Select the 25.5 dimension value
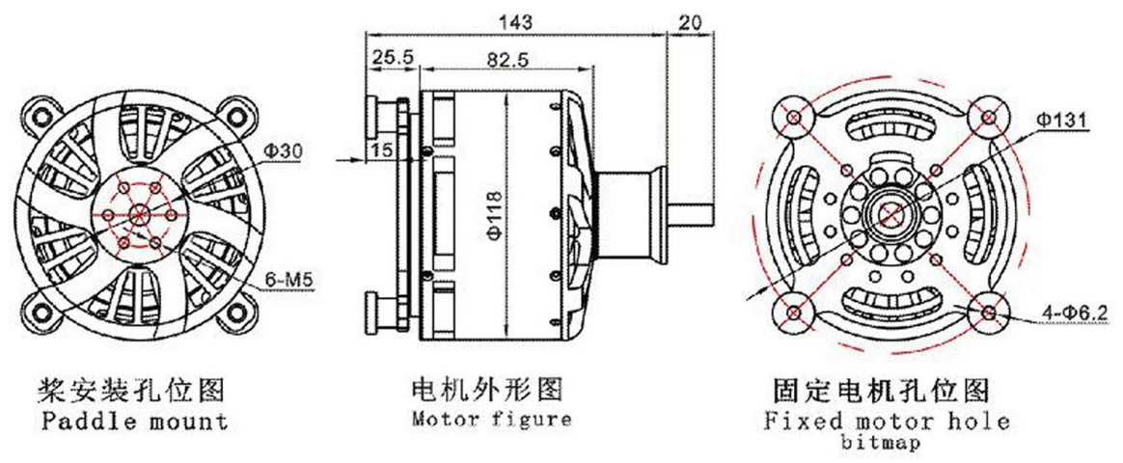point(393,58)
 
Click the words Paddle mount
point(136,422)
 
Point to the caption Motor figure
point(491,420)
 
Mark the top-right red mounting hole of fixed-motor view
point(988,118)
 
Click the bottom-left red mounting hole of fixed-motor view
point(793,313)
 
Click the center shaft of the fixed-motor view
point(890,214)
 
